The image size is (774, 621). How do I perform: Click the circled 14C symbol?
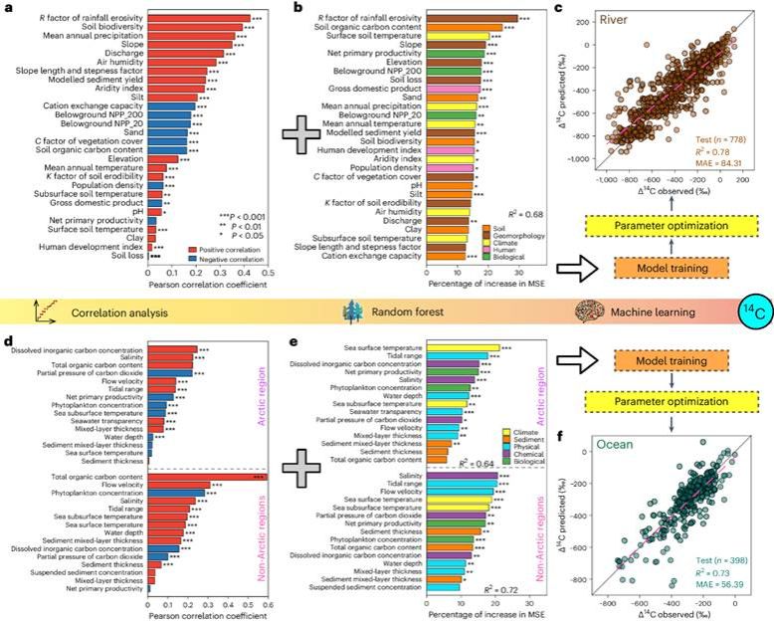753,312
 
